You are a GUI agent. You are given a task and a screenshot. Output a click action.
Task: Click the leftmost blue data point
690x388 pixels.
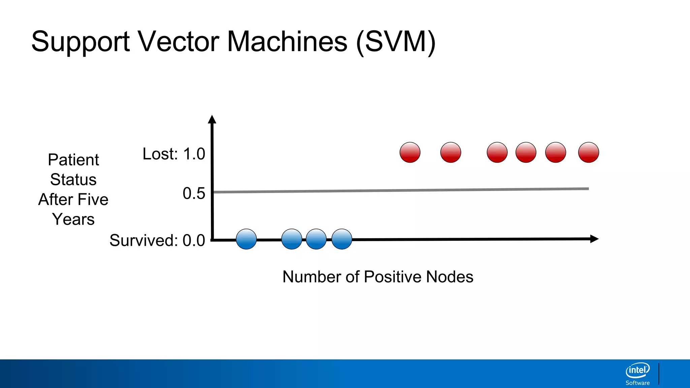coord(246,239)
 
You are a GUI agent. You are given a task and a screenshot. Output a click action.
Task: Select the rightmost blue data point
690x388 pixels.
coord(342,239)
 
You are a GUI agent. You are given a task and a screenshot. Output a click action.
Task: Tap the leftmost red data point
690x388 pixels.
coord(410,152)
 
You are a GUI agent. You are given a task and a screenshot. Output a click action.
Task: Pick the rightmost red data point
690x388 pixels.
coord(589,152)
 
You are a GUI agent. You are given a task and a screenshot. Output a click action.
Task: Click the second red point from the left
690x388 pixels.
coord(451,152)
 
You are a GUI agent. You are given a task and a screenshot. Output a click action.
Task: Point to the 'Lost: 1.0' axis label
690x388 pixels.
coord(174,154)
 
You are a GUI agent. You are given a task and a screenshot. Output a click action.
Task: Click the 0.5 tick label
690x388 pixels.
coord(194,194)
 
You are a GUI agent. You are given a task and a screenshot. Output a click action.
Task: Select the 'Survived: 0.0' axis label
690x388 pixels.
coord(157,240)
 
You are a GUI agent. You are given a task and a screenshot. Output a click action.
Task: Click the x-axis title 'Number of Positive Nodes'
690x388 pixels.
coord(378,277)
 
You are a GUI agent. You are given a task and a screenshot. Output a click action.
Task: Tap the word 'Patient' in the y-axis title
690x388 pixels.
coord(73,160)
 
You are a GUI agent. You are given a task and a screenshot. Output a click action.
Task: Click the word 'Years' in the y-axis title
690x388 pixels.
coord(73,219)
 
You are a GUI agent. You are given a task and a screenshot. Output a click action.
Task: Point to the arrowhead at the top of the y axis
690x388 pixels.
coord(212,119)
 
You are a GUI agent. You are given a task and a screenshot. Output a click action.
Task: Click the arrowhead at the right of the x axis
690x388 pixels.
coord(594,239)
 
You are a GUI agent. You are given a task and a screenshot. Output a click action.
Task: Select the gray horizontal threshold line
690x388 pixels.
coord(401,190)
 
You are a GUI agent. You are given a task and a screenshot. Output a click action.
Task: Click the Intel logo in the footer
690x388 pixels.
coord(637,370)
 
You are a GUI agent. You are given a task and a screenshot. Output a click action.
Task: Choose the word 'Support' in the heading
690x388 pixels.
coord(81,42)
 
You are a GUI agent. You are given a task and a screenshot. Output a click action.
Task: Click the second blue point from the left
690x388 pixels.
coord(292,239)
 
